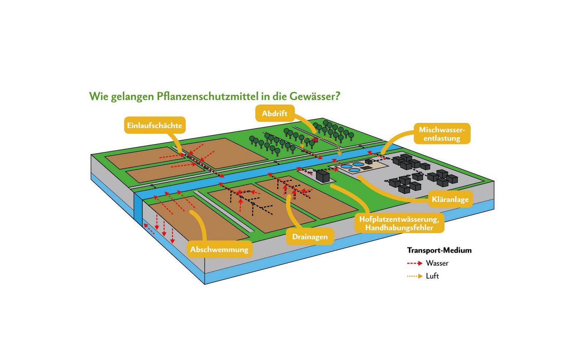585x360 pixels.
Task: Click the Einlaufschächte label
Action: pos(155,125)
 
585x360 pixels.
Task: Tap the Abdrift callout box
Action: pos(275,113)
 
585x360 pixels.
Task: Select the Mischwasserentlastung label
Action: pos(442,134)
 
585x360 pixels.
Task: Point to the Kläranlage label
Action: pos(450,199)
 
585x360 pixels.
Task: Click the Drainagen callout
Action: pos(310,237)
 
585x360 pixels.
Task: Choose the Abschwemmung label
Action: pos(219,250)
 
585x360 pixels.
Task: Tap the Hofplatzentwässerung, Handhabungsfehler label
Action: pos(399,223)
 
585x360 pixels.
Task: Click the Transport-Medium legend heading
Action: pos(439,250)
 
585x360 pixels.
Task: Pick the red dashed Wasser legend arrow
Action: pos(415,263)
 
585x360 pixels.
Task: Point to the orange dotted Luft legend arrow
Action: pos(415,276)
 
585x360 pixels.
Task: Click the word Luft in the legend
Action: pos(432,276)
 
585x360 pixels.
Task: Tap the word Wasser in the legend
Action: pos(437,263)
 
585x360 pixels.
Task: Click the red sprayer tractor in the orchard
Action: pos(315,140)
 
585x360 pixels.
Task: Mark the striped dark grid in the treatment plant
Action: pos(365,168)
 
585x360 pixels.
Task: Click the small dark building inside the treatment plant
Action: pos(369,161)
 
